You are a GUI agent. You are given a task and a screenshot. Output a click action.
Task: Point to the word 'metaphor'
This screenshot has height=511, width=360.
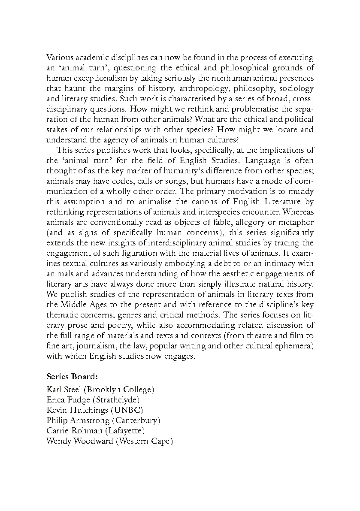coord(297,222)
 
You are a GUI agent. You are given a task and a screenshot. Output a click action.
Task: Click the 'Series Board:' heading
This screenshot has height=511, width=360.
coord(72,377)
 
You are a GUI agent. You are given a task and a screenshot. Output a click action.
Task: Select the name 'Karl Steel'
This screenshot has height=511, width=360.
coord(63,390)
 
